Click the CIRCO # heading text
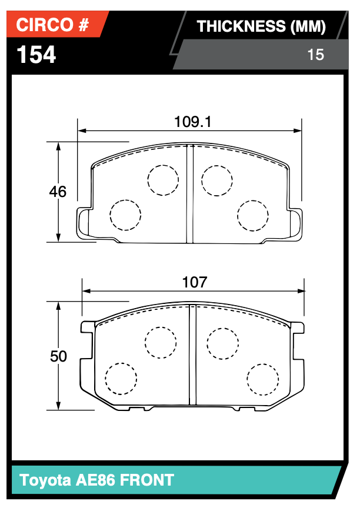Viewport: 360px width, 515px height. pyautogui.click(x=52, y=25)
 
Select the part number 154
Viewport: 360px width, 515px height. pyautogui.click(x=36, y=55)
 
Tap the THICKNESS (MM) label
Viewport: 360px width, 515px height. pyautogui.click(x=261, y=26)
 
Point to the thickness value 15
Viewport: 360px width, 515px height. pyautogui.click(x=315, y=55)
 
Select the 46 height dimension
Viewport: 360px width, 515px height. pyautogui.click(x=58, y=192)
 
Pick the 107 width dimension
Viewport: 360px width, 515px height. pyautogui.click(x=194, y=282)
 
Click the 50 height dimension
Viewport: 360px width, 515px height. pyautogui.click(x=58, y=356)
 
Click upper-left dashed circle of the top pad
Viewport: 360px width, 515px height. pyautogui.click(x=162, y=180)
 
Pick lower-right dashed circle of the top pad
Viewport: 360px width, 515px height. pyautogui.click(x=253, y=216)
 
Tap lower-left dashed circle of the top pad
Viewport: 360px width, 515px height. pyautogui.click(x=126, y=215)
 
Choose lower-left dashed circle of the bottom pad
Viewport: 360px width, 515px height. pyautogui.click(x=121, y=379)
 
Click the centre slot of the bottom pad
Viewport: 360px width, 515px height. pyautogui.click(x=192, y=355)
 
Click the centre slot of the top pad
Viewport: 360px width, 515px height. pyautogui.click(x=189, y=194)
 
